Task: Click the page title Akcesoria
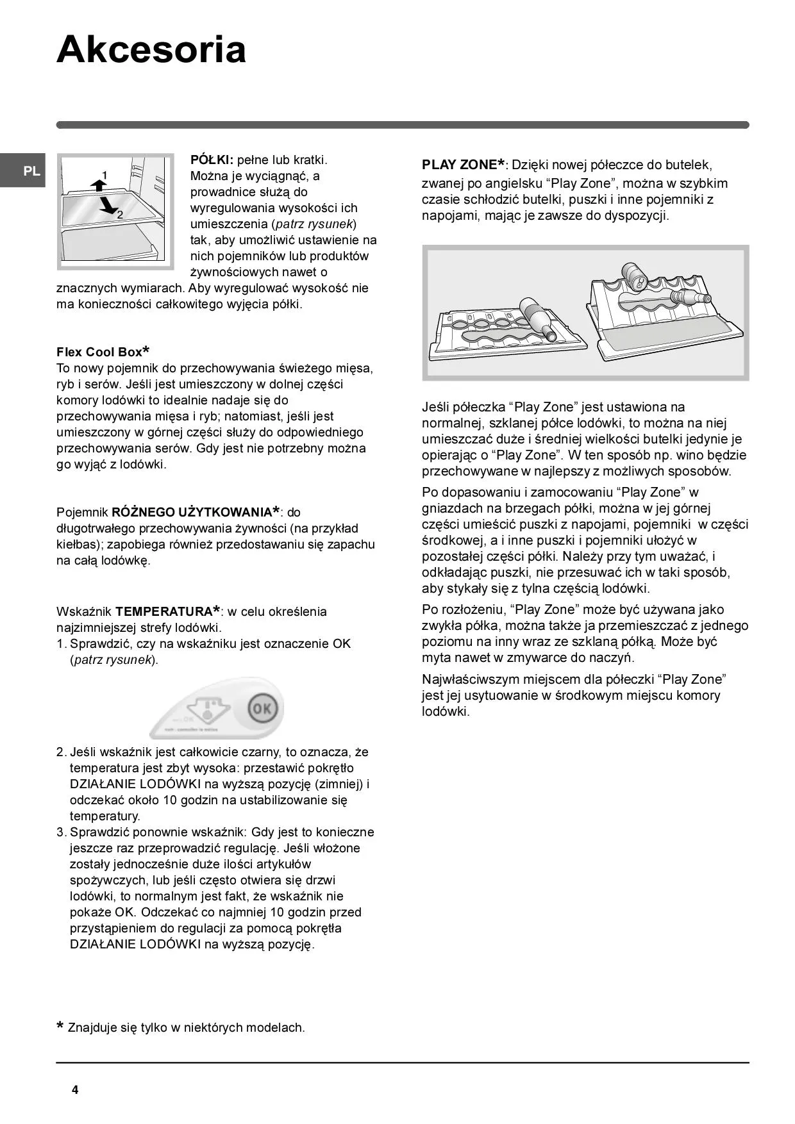point(151,50)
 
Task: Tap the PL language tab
point(31,171)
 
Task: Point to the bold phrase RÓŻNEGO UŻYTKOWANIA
point(192,512)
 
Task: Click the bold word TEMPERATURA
point(164,611)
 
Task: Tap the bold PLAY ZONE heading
point(460,165)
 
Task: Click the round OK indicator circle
point(262,709)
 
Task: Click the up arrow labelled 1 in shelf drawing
point(98,185)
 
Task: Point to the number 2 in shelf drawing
point(120,215)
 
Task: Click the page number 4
point(75,1090)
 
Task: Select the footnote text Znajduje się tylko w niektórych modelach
point(186,1027)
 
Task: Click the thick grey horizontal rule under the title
point(402,125)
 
